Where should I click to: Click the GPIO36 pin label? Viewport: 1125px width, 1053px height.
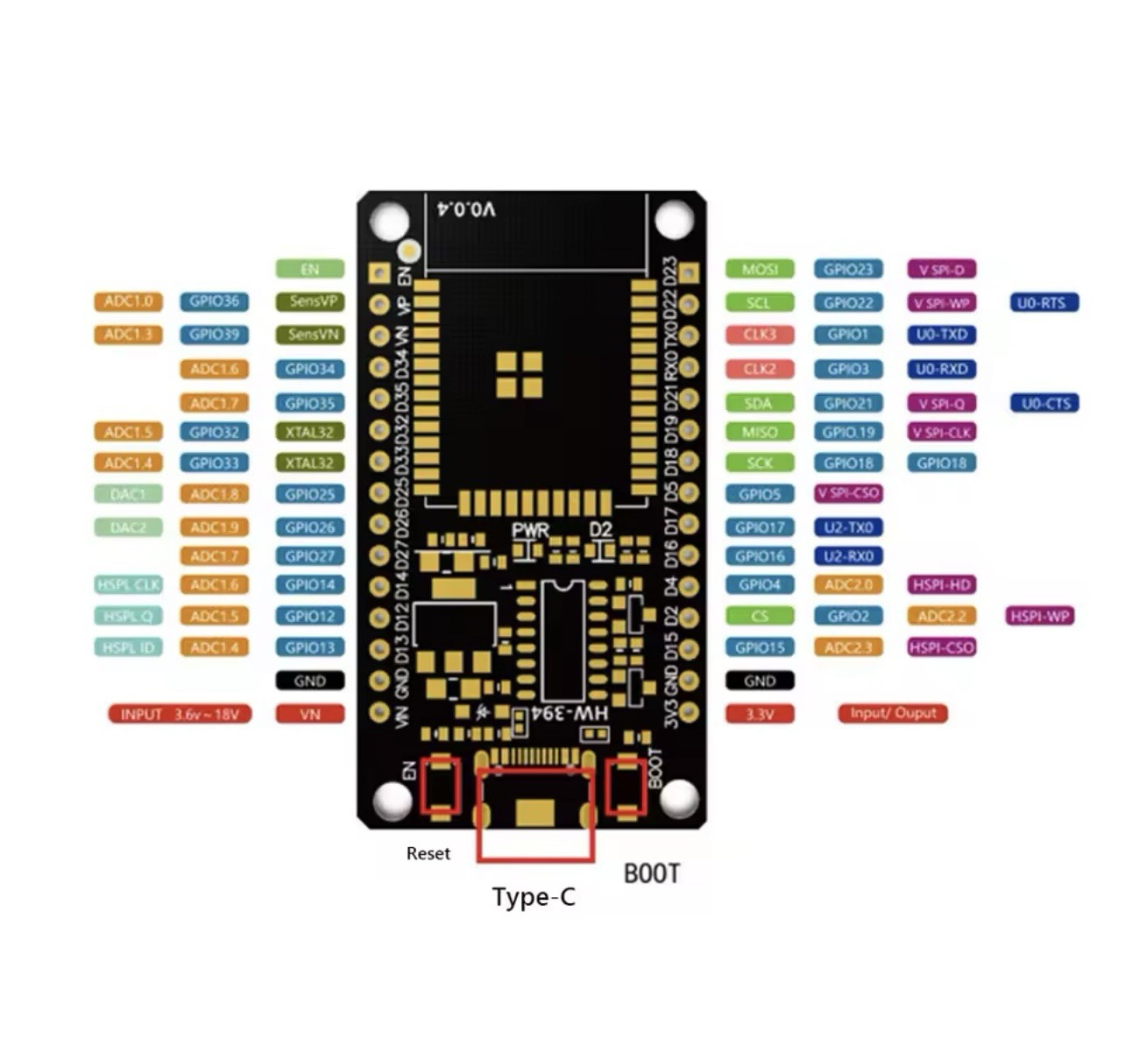214,302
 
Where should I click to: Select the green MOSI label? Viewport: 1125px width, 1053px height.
759,270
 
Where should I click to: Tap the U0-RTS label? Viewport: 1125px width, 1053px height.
1044,303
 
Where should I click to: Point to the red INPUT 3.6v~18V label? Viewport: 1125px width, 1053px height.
180,714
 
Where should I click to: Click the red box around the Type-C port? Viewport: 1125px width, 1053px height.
535,816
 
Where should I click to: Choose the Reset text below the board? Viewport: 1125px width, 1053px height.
428,853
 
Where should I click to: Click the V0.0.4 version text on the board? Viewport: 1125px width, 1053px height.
466,209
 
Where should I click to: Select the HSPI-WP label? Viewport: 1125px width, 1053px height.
1039,616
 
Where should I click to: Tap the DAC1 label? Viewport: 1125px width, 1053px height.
128,494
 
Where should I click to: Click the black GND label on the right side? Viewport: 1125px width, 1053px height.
760,681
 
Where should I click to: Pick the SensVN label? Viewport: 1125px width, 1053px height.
310,335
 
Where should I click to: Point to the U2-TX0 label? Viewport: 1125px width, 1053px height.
848,527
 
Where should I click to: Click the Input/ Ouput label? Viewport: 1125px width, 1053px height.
893,713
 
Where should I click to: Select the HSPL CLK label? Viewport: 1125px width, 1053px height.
128,584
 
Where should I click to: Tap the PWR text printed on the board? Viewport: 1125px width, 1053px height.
530,531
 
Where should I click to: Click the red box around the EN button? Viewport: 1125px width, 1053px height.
440,785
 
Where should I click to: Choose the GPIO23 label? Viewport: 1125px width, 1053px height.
848,270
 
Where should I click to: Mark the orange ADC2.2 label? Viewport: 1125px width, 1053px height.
941,616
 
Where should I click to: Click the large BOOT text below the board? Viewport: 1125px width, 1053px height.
651,873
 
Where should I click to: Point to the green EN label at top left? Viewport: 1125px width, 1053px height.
310,270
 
